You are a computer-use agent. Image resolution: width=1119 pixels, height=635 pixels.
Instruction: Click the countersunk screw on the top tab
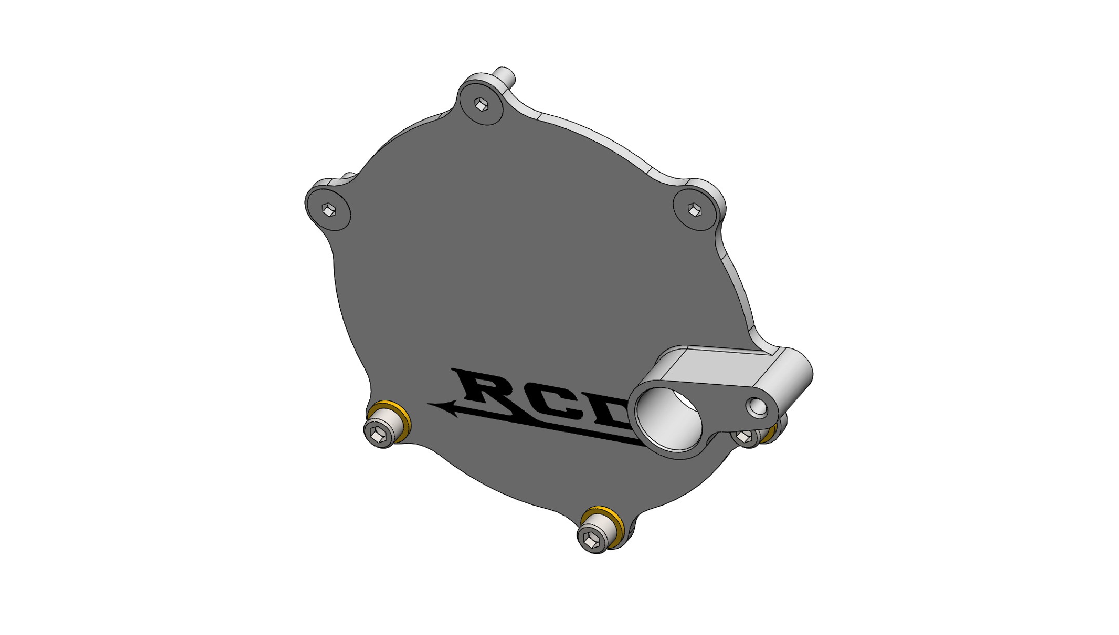[x=482, y=105]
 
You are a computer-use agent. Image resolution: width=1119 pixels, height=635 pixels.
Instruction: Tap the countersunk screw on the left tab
[x=328, y=210]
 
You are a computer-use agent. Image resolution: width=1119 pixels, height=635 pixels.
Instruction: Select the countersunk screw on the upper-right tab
[x=695, y=210]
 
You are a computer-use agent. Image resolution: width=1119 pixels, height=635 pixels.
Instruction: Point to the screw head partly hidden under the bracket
[x=745, y=436]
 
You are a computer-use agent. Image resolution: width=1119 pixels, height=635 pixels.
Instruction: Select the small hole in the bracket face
[x=757, y=408]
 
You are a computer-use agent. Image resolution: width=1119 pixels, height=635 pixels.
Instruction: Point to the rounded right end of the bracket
[x=797, y=374]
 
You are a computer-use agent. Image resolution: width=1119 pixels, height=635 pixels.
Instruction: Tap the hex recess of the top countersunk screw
[x=482, y=105]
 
